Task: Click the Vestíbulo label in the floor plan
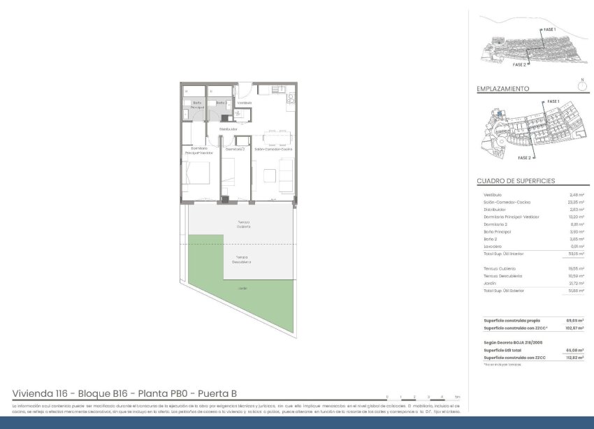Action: tap(244, 103)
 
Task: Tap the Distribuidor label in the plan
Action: tap(228, 129)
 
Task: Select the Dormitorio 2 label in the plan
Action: tap(234, 149)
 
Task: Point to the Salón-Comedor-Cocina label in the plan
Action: tap(273, 149)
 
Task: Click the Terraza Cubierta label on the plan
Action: tap(242, 224)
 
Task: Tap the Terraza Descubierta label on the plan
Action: tap(242, 259)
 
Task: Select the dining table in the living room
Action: tap(273, 138)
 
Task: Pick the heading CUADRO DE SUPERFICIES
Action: tap(516, 181)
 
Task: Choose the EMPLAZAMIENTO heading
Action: tap(502, 89)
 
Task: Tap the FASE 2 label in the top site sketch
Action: tap(519, 64)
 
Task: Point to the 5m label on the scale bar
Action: tap(457, 396)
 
